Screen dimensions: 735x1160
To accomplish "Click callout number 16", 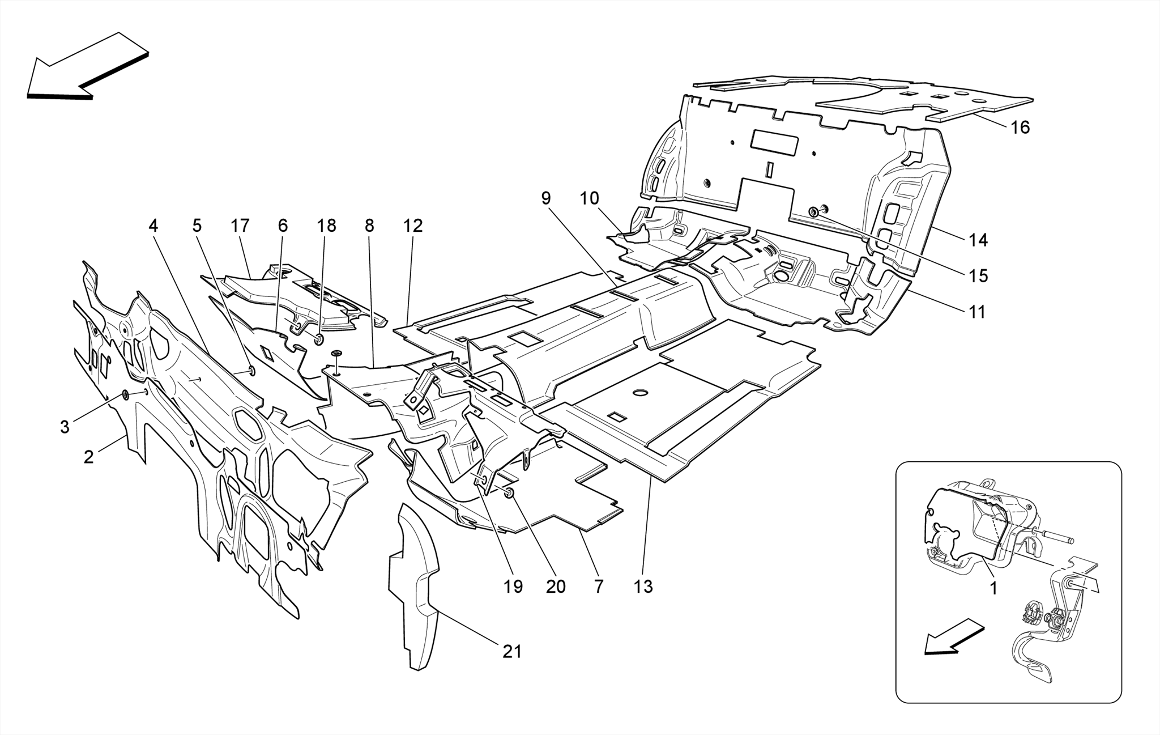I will [x=1020, y=128].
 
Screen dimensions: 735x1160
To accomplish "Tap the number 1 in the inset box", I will [x=993, y=589].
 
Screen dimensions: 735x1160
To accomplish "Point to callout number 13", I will [x=643, y=587].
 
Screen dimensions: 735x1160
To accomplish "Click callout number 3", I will [x=65, y=427].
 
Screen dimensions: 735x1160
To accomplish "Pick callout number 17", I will [x=240, y=226].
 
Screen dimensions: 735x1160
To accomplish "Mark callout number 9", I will [x=545, y=198].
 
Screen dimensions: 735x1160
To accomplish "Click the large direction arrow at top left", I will [x=85, y=65].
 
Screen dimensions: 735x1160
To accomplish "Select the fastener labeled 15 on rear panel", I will [x=813, y=213].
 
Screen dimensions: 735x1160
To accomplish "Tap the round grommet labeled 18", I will [x=319, y=339].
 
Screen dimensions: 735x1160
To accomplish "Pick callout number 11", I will [x=977, y=312].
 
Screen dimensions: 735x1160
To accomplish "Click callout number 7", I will [x=599, y=587].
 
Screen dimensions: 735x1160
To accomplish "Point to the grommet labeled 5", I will [x=251, y=371].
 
